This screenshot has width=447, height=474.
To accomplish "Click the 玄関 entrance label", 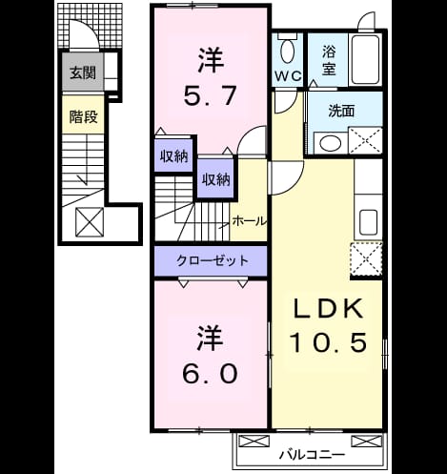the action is [x=83, y=73].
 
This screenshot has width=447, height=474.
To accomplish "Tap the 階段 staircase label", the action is [x=83, y=116].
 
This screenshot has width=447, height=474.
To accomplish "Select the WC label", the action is [x=288, y=76].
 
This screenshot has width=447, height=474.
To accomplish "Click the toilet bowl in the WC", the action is [x=288, y=52].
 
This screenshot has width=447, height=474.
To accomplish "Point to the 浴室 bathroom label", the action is [x=329, y=60].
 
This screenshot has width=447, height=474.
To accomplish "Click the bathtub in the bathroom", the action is [x=365, y=59].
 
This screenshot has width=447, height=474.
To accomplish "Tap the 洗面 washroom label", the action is [x=341, y=111].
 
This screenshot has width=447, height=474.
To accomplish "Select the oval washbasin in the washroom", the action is [x=331, y=143].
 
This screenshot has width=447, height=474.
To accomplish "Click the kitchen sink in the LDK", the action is [x=368, y=222].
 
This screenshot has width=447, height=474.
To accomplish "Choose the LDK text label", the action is [x=329, y=309].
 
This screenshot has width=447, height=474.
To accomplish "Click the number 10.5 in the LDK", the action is [x=329, y=342].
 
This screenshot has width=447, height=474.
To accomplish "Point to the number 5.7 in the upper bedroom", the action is [x=210, y=95].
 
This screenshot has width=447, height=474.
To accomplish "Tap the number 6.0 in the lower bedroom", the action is [x=210, y=374].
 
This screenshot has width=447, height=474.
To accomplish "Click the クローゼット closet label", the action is [x=213, y=260].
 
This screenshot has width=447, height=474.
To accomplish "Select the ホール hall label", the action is [x=249, y=220].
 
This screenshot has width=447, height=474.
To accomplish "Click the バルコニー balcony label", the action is [x=312, y=455].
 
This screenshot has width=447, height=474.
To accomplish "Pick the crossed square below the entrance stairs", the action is [x=90, y=222].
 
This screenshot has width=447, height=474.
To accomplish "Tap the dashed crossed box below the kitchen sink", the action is [x=366, y=259].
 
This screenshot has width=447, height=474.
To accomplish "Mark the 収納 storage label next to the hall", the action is [x=216, y=180].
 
